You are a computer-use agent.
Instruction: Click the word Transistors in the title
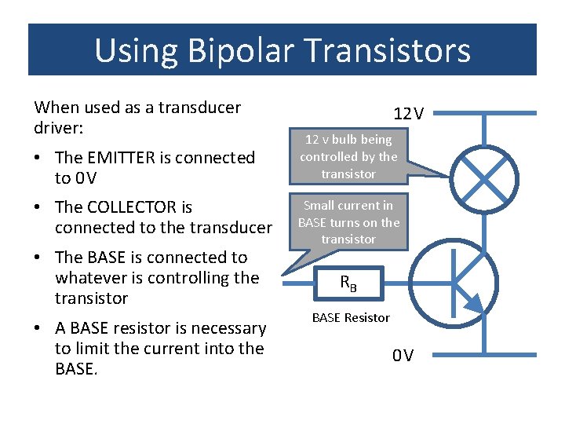388,51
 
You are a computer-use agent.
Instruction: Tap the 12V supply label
409,114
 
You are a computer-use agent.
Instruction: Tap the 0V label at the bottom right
403,356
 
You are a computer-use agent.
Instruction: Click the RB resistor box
348,283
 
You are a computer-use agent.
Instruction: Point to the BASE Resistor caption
351,317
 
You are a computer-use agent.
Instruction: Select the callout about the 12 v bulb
348,156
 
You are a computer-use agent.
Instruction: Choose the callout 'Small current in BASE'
348,222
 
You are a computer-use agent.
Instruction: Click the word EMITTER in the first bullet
119,158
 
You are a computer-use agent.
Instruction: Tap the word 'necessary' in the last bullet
228,328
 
